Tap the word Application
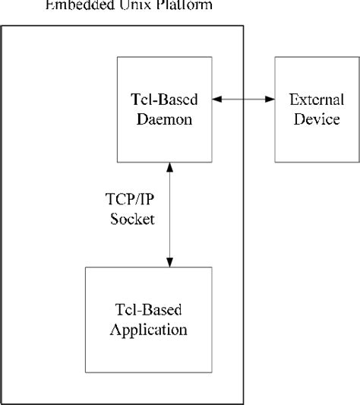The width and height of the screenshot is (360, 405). click(x=149, y=331)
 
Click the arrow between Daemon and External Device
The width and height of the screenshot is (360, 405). click(x=243, y=100)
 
